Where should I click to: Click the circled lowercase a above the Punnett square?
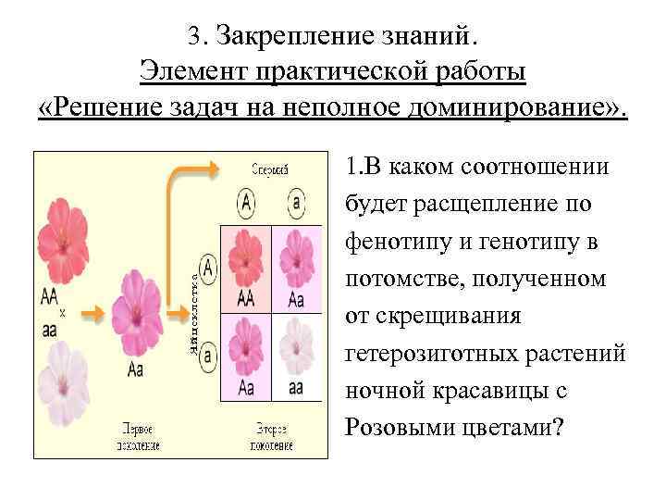(x=295, y=201)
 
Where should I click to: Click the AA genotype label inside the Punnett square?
(x=246, y=298)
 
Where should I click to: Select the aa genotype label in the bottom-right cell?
(x=296, y=386)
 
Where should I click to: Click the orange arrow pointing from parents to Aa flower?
(x=95, y=315)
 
